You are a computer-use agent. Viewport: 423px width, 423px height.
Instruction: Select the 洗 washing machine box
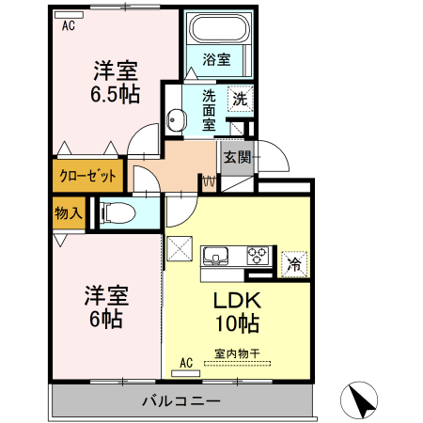241,98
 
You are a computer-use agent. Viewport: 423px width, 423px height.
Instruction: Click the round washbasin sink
176,119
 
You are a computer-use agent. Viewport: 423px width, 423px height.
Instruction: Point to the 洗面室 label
210,109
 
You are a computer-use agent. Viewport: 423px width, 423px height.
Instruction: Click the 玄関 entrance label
236,158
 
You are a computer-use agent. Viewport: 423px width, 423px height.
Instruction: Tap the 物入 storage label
69,213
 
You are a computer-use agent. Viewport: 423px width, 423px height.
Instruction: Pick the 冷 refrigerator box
293,264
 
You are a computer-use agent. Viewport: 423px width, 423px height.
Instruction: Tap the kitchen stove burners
258,254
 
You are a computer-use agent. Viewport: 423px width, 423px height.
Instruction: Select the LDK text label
236,303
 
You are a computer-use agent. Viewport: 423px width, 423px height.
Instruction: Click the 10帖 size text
236,325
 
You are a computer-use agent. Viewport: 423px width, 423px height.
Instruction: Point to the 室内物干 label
236,353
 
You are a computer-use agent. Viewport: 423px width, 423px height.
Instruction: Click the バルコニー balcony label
181,401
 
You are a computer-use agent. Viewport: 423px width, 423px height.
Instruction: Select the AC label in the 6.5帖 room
68,25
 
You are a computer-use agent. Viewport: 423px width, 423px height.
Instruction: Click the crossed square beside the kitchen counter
179,251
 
